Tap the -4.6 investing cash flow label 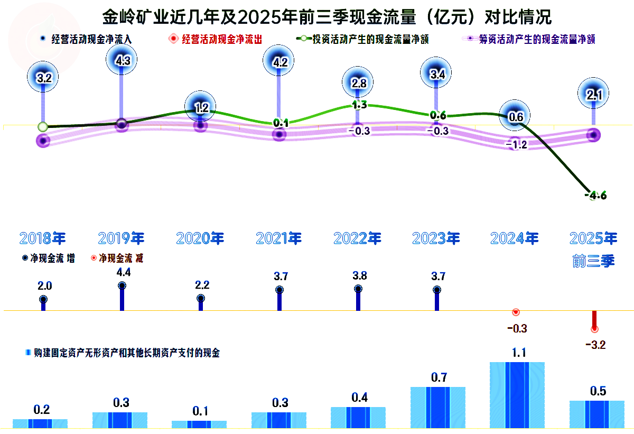(596, 196)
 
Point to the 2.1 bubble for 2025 (593, 95)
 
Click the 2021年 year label (279, 238)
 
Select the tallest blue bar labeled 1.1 (517, 394)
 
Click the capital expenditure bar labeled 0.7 (438, 407)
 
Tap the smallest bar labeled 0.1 (199, 424)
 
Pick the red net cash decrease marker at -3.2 (594, 329)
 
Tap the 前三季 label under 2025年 (593, 261)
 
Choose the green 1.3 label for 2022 (359, 105)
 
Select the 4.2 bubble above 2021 (279, 62)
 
